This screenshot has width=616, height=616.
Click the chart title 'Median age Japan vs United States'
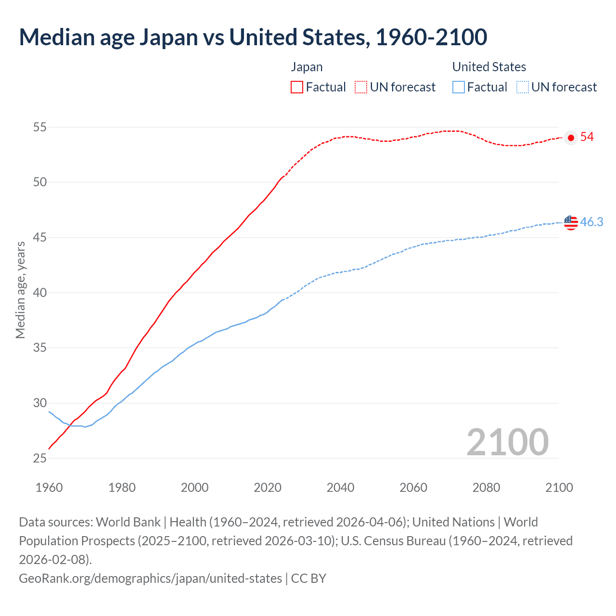[x=253, y=37]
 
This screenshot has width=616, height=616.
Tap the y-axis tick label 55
[x=40, y=128]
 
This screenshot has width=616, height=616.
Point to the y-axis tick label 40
[x=40, y=293]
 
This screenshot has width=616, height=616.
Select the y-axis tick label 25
[x=40, y=458]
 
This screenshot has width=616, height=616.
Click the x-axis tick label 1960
[x=49, y=488]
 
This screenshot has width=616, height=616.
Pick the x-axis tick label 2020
[x=268, y=488]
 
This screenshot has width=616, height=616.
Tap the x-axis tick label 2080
[x=486, y=488]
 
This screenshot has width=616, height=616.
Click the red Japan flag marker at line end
[x=571, y=138]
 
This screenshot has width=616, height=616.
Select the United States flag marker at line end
[x=571, y=222]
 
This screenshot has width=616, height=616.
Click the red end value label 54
[x=587, y=137]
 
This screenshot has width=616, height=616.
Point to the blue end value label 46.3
[x=591, y=222]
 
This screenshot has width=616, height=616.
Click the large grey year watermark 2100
[x=507, y=442]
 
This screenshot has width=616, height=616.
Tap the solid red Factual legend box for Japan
[x=297, y=87]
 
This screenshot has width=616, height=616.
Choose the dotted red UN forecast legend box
[x=361, y=87]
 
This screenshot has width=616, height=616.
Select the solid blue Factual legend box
[x=459, y=87]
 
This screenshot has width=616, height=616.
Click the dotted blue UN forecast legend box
[x=523, y=87]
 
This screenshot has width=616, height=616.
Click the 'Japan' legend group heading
[x=307, y=67]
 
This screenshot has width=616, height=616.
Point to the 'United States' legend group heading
[x=489, y=67]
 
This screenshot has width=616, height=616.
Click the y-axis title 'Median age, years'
[x=20, y=290]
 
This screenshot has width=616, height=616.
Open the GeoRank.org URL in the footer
[x=150, y=578]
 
